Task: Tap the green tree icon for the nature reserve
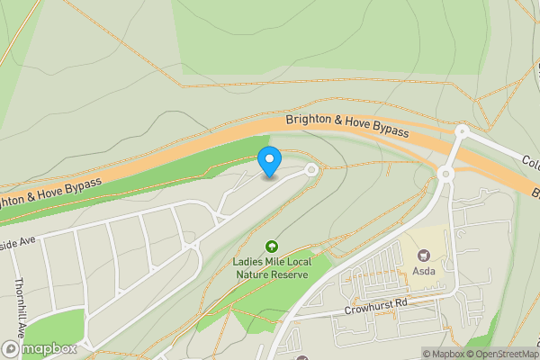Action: pyautogui.click(x=271, y=246)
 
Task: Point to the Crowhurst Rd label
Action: pyautogui.click(x=376, y=306)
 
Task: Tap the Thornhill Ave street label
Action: pyautogui.click(x=18, y=307)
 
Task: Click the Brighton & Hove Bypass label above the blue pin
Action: pyautogui.click(x=347, y=125)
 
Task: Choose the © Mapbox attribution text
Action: pyautogui.click(x=443, y=354)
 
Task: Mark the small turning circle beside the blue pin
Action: pyautogui.click(x=312, y=169)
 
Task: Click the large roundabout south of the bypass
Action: pyautogui.click(x=445, y=174)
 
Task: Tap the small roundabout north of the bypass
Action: pyautogui.click(x=462, y=132)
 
